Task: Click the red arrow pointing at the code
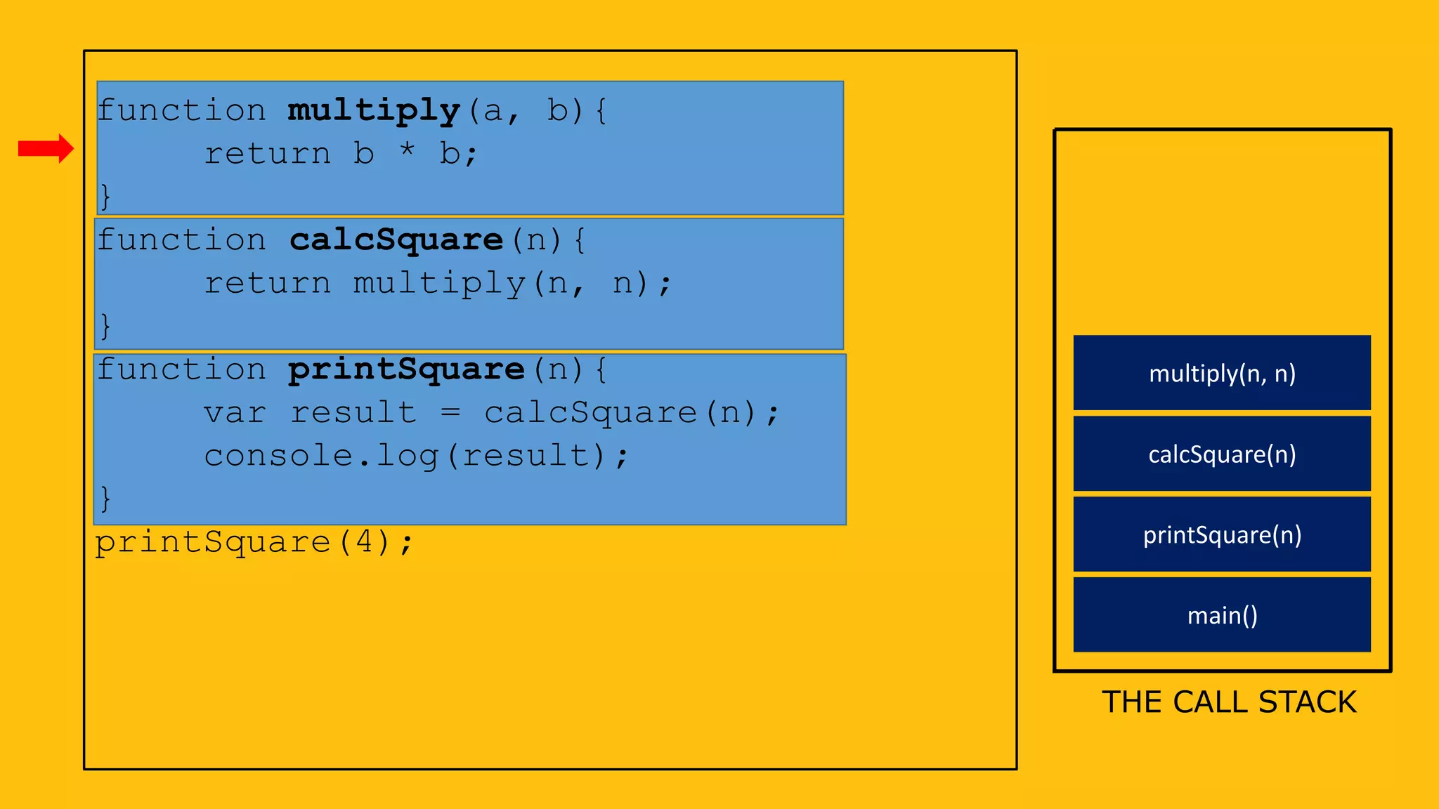46,148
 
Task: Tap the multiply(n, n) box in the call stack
1222,373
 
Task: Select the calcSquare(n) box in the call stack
1222,454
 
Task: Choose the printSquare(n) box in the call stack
1222,534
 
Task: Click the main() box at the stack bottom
1222,615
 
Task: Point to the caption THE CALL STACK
1229,702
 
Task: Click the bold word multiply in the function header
374,110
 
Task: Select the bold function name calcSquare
396,240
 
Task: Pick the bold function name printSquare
406,369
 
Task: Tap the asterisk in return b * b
407,150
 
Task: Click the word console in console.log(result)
278,455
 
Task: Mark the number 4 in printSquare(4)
365,541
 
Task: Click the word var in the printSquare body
235,412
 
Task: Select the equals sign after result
450,412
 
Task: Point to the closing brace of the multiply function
105,196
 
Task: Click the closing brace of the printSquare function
105,499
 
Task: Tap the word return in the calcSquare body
267,283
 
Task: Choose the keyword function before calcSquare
181,240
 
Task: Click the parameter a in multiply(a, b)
493,111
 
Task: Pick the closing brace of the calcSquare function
105,326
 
